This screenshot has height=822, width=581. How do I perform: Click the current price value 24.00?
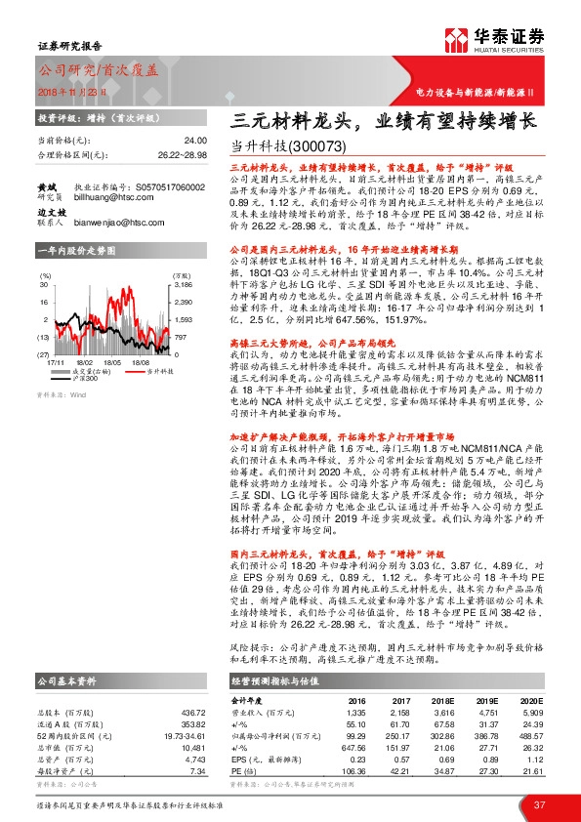196,141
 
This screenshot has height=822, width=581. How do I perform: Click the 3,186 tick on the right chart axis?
183,284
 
